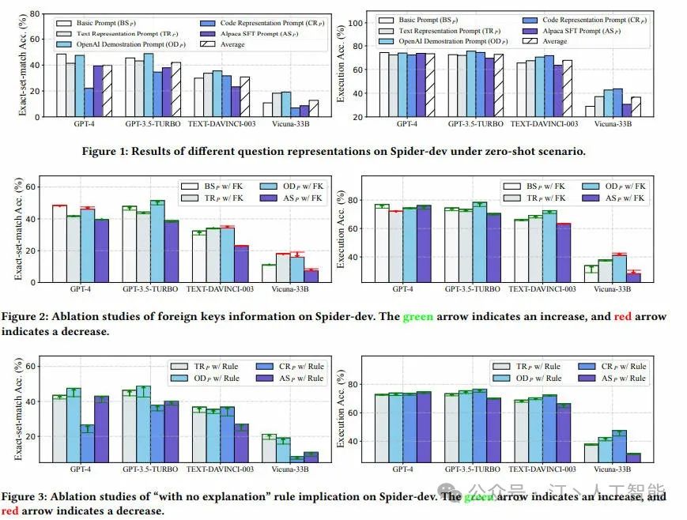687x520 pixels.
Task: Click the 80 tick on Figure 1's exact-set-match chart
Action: coord(38,14)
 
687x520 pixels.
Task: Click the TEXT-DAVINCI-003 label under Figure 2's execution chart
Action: coord(541,289)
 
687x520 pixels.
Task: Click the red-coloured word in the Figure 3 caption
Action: coord(10,511)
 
